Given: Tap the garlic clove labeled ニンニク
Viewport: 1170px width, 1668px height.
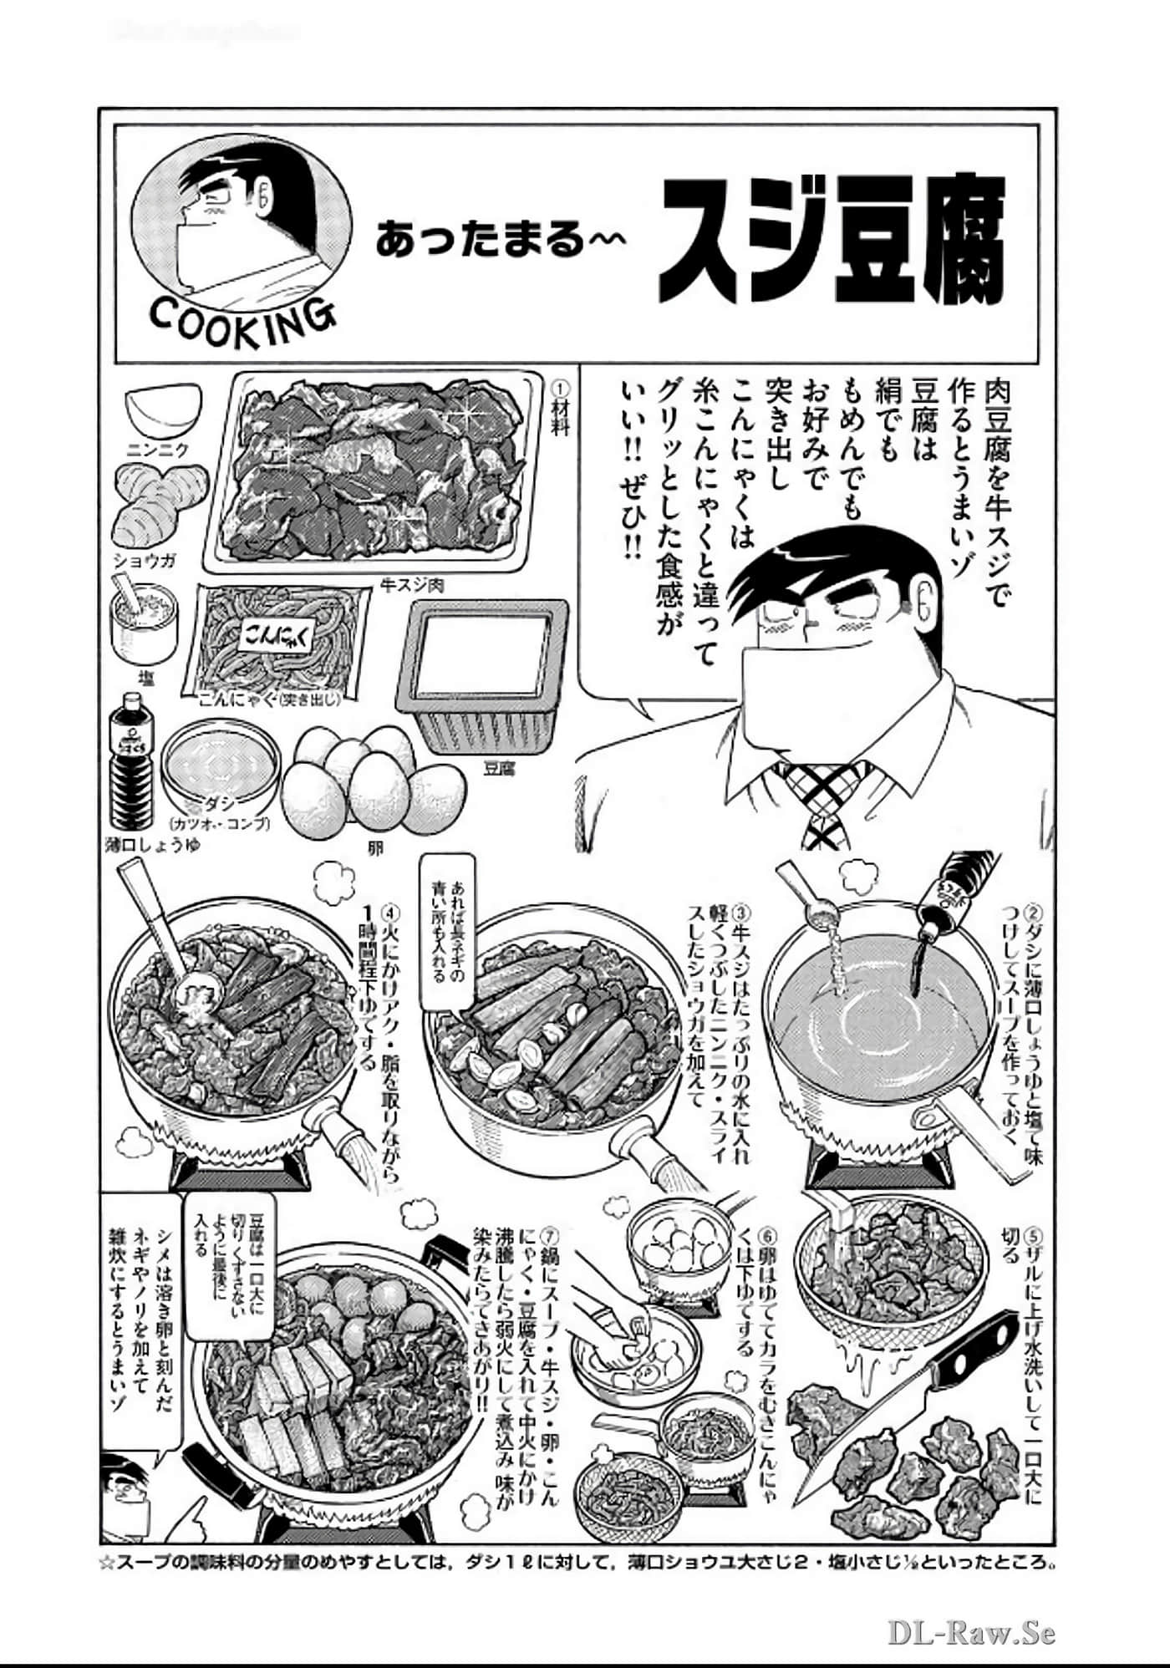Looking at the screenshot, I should (x=164, y=406).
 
